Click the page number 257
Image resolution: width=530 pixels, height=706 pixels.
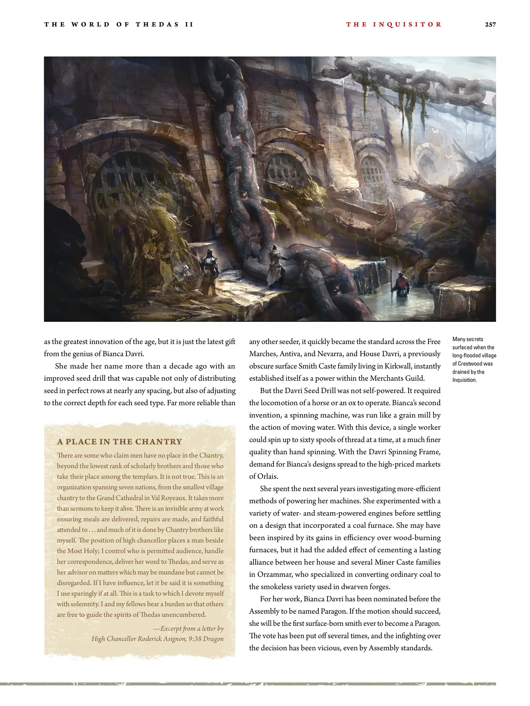[x=490, y=25]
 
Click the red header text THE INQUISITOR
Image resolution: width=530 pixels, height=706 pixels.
[x=394, y=25]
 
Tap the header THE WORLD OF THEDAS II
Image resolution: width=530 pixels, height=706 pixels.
[x=119, y=25]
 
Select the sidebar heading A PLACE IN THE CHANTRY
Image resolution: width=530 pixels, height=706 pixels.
[x=120, y=442]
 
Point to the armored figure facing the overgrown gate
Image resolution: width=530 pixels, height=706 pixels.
[x=210, y=272]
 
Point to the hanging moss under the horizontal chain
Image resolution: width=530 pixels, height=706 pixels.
[x=406, y=105]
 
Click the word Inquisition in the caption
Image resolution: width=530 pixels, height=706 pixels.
[x=465, y=380]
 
